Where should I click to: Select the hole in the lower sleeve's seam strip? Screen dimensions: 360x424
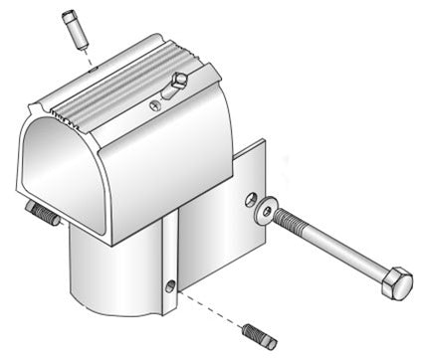[172, 287]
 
